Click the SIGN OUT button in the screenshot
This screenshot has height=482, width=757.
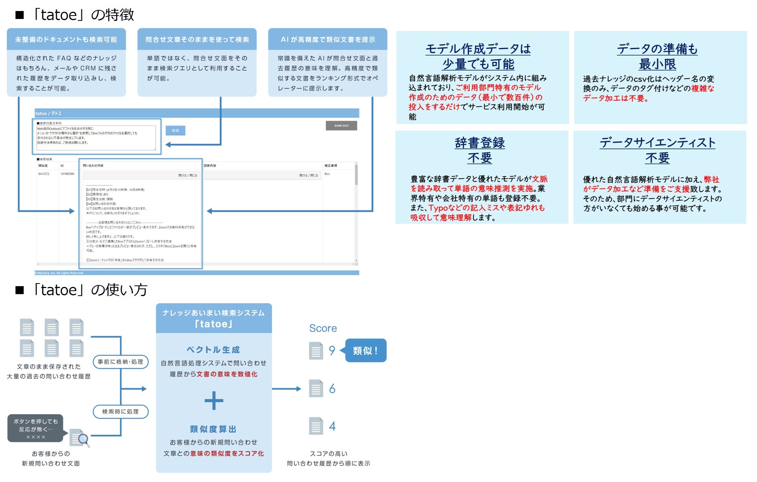pyautogui.click(x=341, y=126)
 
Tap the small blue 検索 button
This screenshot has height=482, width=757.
pyautogui.click(x=175, y=131)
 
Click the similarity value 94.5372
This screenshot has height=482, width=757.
pyautogui.click(x=44, y=174)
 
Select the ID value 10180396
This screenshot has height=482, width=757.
pyautogui.click(x=67, y=174)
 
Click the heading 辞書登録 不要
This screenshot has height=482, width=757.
pyautogui.click(x=480, y=150)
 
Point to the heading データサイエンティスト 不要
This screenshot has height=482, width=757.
pyautogui.click(x=657, y=150)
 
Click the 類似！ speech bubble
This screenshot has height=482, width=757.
pyautogui.click(x=365, y=350)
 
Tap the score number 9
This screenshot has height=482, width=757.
pyautogui.click(x=332, y=350)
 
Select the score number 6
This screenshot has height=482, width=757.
pyautogui.click(x=332, y=389)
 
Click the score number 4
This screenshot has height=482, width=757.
pyautogui.click(x=332, y=426)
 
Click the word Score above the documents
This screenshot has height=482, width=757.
pyautogui.click(x=323, y=328)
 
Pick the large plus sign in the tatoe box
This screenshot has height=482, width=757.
pyautogui.click(x=214, y=401)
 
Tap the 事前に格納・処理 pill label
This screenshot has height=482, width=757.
pyautogui.click(x=120, y=362)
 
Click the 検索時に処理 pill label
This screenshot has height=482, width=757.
pyautogui.click(x=120, y=411)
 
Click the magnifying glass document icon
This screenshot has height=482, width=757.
pyautogui.click(x=80, y=438)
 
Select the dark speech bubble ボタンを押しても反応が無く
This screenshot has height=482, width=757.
pyautogui.click(x=36, y=429)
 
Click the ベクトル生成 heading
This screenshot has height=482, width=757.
pyautogui.click(x=213, y=350)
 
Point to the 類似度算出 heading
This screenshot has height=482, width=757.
pyautogui.click(x=213, y=429)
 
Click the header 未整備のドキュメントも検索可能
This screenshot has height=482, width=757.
pyautogui.click(x=66, y=39)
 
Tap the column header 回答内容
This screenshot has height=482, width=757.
pyautogui.click(x=210, y=165)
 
